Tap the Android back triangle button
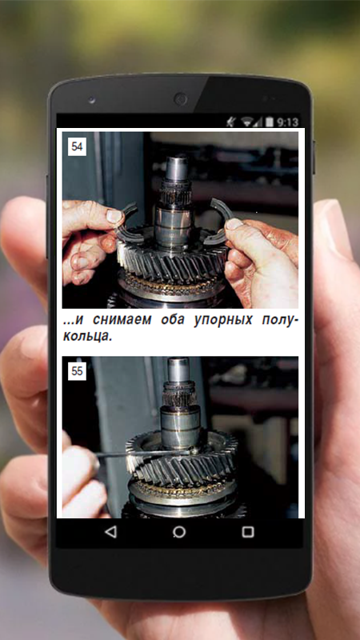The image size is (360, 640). tap(110, 532)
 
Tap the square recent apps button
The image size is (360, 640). tap(248, 532)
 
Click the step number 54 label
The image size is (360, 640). tap(77, 147)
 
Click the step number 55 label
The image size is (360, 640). tap(77, 371)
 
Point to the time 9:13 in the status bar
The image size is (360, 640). tap(287, 122)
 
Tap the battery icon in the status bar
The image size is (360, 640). tap(270, 122)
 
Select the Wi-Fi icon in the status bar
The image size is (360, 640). tap(246, 122)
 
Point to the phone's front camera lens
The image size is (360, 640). tap(180, 99)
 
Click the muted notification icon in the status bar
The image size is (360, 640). tap(231, 122)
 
